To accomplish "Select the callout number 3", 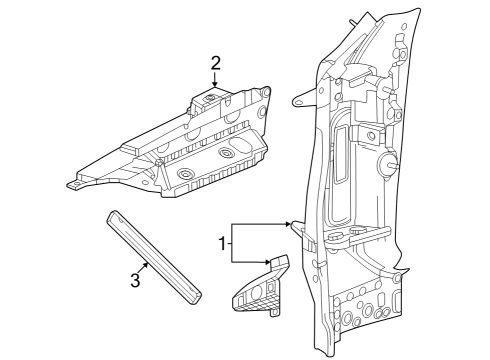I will [x=133, y=280].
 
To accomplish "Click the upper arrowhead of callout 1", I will [x=290, y=223].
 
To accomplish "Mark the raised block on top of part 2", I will [x=209, y=99].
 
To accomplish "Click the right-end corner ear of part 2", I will [x=266, y=93].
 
